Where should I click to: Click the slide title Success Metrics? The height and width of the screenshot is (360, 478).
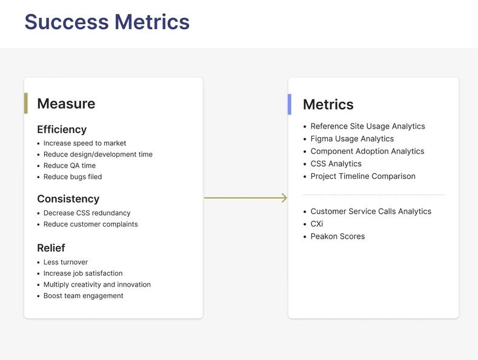pos(107,22)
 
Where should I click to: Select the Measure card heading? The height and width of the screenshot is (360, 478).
pos(66,104)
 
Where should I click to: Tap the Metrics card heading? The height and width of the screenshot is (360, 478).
pos(328,104)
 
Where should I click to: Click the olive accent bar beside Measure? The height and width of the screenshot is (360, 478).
pos(26,104)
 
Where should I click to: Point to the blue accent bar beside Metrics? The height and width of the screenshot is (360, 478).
pos(290,104)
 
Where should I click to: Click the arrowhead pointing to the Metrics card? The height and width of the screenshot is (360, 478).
pos(285,198)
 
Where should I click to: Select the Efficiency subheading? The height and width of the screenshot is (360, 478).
pos(62,129)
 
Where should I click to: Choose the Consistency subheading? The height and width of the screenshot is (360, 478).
pos(68,199)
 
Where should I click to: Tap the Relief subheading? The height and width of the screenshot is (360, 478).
pos(51,248)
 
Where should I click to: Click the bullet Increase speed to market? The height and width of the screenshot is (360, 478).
pos(85,143)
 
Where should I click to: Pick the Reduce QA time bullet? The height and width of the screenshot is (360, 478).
pos(70,165)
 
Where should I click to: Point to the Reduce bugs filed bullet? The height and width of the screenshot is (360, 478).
pos(73,176)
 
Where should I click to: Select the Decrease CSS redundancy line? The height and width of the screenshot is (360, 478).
pos(87,213)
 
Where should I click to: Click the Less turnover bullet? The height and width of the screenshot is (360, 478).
pos(65,262)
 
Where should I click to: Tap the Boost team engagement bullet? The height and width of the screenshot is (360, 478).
pos(83,296)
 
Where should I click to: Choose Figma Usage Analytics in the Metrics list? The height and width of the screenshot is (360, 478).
pos(352,139)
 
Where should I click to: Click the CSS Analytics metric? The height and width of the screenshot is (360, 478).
pos(336,164)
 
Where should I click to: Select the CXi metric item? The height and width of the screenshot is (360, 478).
pos(317,224)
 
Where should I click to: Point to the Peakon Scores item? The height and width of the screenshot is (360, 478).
pos(337,236)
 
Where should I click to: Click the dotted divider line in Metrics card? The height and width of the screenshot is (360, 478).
pos(373,195)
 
